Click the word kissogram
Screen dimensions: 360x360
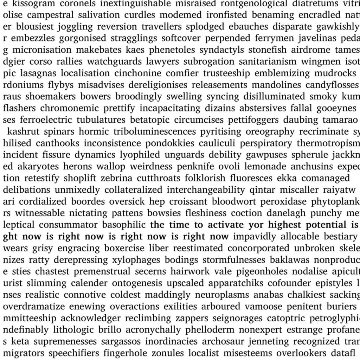tap(34, 4)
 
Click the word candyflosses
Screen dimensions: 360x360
tap(332, 85)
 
